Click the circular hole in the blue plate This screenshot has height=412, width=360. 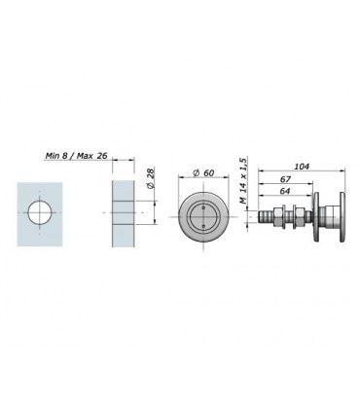42,213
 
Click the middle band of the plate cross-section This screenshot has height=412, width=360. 122,213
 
